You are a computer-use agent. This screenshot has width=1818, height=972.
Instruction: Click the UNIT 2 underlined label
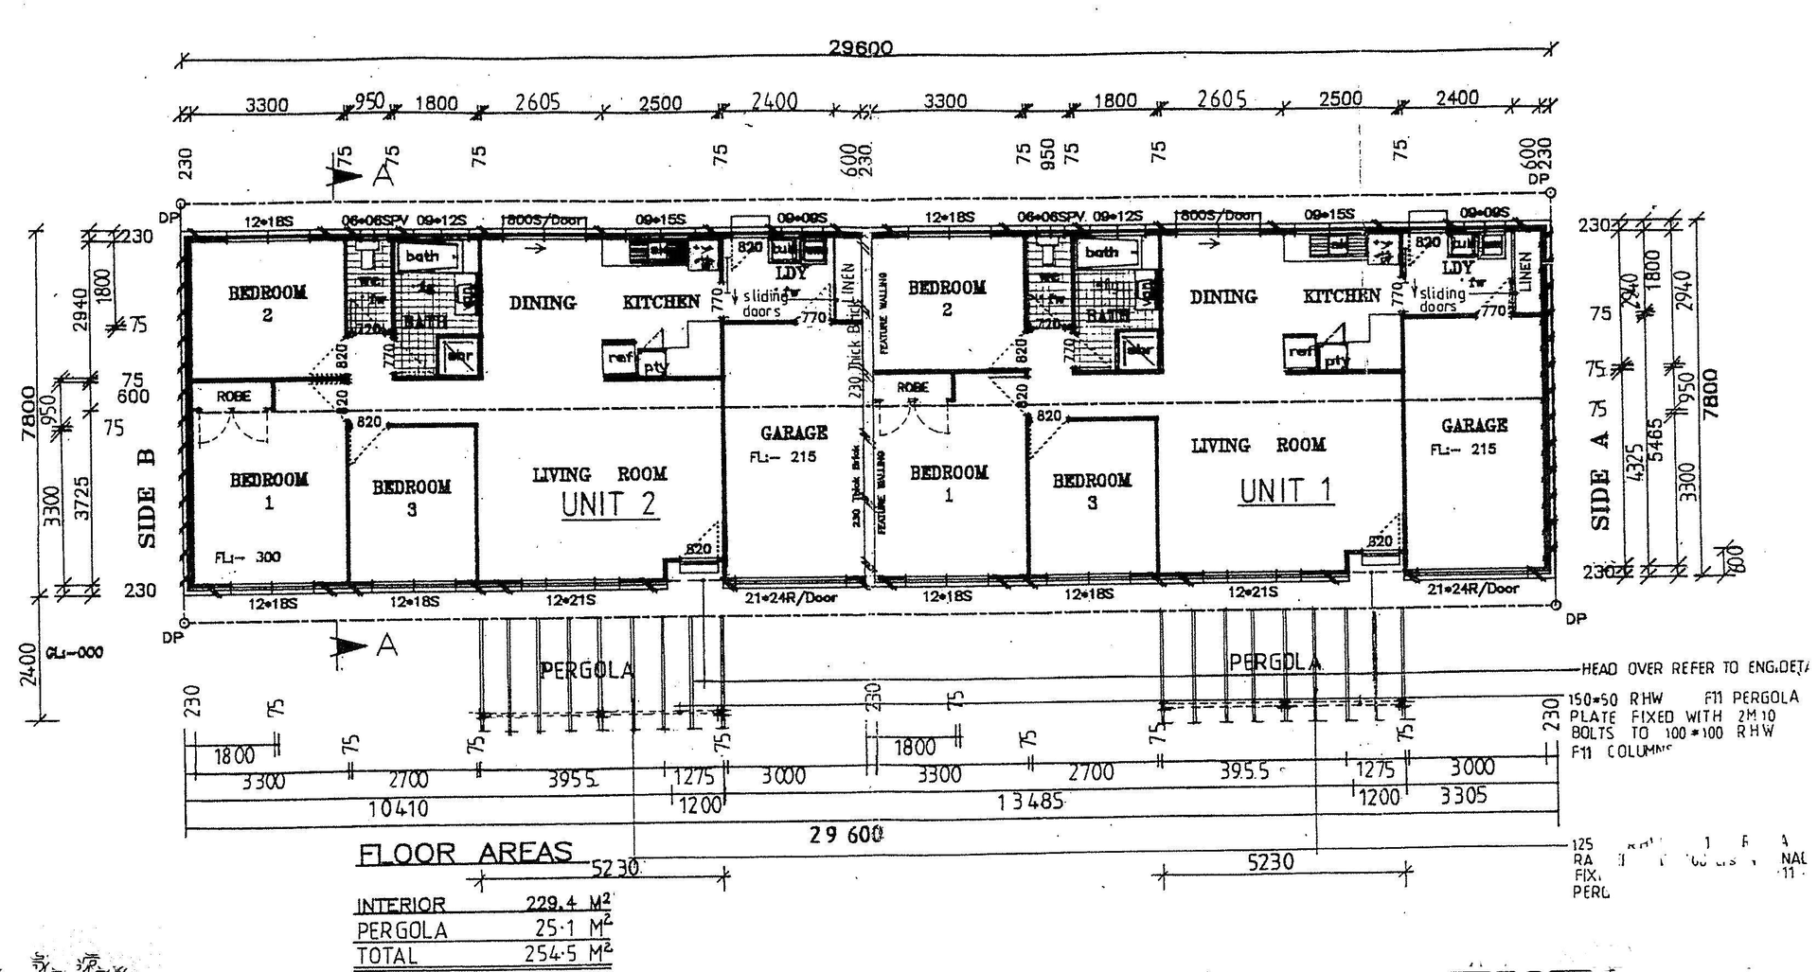tap(608, 504)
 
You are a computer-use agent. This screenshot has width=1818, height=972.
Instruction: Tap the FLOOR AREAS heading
tap(465, 853)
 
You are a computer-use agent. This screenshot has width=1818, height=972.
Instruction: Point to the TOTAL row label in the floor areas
tap(386, 955)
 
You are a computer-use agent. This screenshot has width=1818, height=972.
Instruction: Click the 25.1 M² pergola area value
tap(568, 928)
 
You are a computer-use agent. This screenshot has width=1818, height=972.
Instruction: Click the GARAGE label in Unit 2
tap(793, 433)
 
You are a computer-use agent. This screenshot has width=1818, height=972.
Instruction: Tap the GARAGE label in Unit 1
tap(1473, 426)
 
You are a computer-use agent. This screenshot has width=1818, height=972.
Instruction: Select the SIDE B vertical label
tap(147, 498)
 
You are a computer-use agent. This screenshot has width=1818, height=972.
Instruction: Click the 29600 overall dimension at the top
tap(860, 48)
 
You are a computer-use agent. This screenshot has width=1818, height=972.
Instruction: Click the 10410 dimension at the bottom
tap(398, 809)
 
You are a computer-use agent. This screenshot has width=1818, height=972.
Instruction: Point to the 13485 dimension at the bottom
tap(1030, 802)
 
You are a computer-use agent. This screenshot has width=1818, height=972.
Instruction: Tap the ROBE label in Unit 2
tap(233, 396)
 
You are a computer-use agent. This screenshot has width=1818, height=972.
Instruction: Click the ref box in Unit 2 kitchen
tap(620, 358)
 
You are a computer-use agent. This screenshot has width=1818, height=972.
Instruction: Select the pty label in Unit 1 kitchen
tap(1336, 362)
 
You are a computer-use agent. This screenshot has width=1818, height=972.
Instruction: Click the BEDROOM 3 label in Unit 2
tap(411, 498)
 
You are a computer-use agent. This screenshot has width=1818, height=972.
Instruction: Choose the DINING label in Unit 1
tap(1222, 297)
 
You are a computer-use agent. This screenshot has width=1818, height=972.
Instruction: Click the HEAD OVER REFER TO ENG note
tap(1694, 668)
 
